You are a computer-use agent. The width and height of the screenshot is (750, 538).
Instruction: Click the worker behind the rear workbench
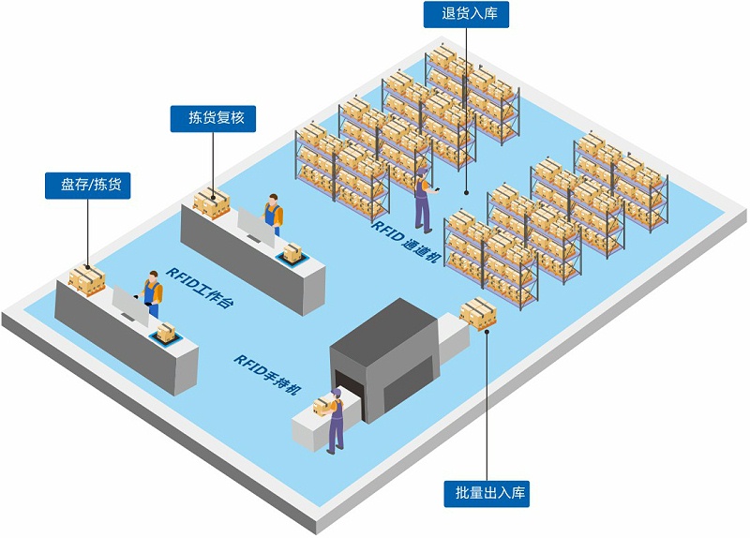(x=273, y=216)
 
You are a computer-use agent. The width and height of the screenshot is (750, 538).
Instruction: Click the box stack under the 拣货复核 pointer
(x=212, y=201)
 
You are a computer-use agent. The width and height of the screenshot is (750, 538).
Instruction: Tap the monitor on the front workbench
(x=129, y=306)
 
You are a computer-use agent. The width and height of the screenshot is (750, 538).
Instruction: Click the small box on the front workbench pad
(x=166, y=331)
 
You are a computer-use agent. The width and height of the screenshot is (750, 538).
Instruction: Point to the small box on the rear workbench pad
(x=293, y=251)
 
